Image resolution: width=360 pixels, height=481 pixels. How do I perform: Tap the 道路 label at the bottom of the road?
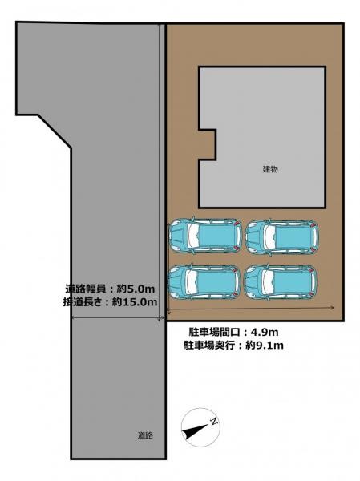click(144, 435)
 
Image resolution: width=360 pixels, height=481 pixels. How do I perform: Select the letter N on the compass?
click(214, 422)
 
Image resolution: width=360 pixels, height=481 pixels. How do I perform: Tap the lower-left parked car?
click(205, 281)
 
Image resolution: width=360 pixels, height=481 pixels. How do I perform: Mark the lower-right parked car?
click(282, 281)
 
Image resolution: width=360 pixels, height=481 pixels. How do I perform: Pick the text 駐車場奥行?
click(210, 346)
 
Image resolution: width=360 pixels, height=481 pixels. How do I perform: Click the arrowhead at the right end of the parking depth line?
click(332, 308)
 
